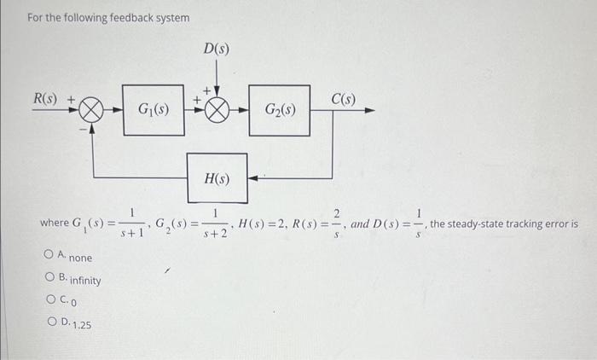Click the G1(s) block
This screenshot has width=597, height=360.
point(154,110)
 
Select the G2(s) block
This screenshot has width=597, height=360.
point(281,110)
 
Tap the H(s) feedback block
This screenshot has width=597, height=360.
point(217,177)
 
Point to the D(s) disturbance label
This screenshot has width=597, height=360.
point(216,50)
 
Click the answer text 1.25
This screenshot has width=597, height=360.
point(84,325)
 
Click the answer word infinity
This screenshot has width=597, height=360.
point(84,281)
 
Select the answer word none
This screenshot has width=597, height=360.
point(81,258)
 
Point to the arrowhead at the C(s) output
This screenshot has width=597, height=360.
point(368,111)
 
